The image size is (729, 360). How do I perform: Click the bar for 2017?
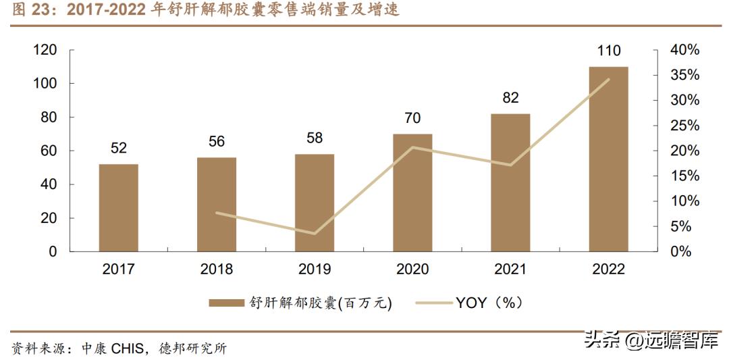point(118,207)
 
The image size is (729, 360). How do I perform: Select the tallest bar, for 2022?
point(608,159)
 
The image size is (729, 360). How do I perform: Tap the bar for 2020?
point(412,192)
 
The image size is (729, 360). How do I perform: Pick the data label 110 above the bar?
point(608,51)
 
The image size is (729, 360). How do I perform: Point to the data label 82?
point(510,98)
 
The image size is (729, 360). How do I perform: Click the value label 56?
point(217,142)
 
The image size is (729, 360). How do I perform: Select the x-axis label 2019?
point(315,269)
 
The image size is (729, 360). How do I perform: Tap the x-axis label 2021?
point(510,269)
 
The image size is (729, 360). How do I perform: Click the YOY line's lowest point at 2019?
point(315,234)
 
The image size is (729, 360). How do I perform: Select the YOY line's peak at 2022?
point(608,79)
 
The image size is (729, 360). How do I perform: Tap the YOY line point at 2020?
point(412,147)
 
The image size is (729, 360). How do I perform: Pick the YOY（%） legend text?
point(489,303)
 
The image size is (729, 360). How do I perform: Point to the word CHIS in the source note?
point(128,349)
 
